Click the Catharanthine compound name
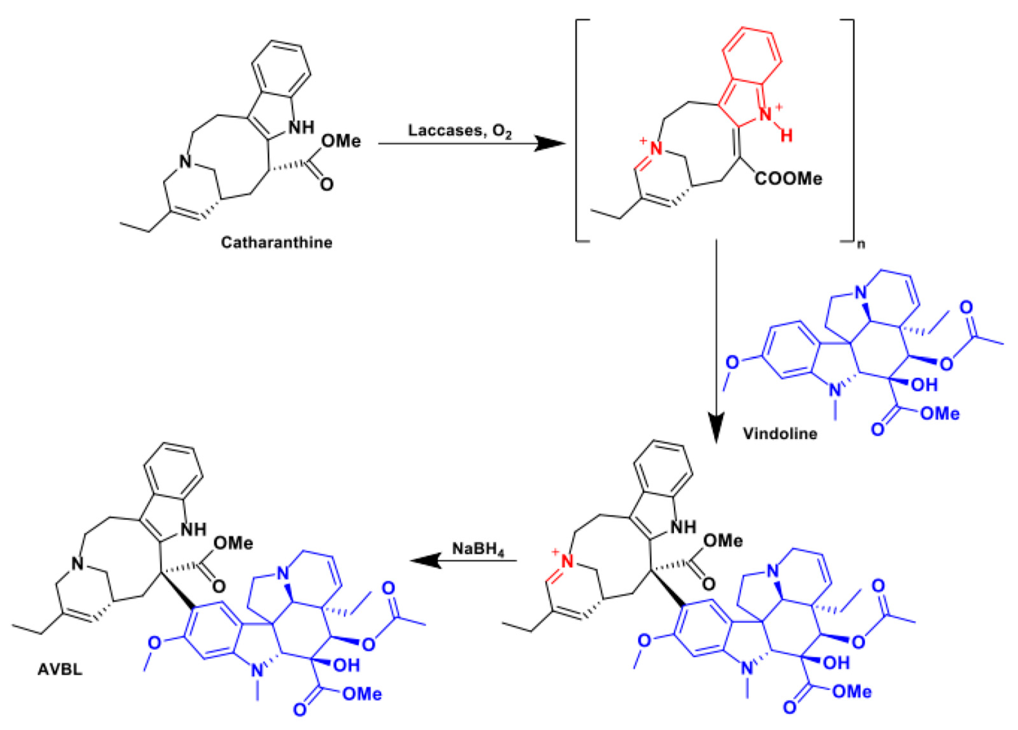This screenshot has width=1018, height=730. click(276, 243)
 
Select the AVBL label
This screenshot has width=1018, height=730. click(60, 670)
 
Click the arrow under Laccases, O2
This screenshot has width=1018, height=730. click(471, 144)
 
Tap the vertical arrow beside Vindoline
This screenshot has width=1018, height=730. click(716, 341)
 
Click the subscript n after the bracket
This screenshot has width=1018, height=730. click(860, 245)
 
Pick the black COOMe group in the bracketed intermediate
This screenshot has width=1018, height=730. click(788, 179)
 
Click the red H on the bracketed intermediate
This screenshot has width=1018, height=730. click(786, 135)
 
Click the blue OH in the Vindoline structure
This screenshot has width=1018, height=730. click(924, 384)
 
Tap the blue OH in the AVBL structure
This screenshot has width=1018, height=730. click(346, 665)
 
